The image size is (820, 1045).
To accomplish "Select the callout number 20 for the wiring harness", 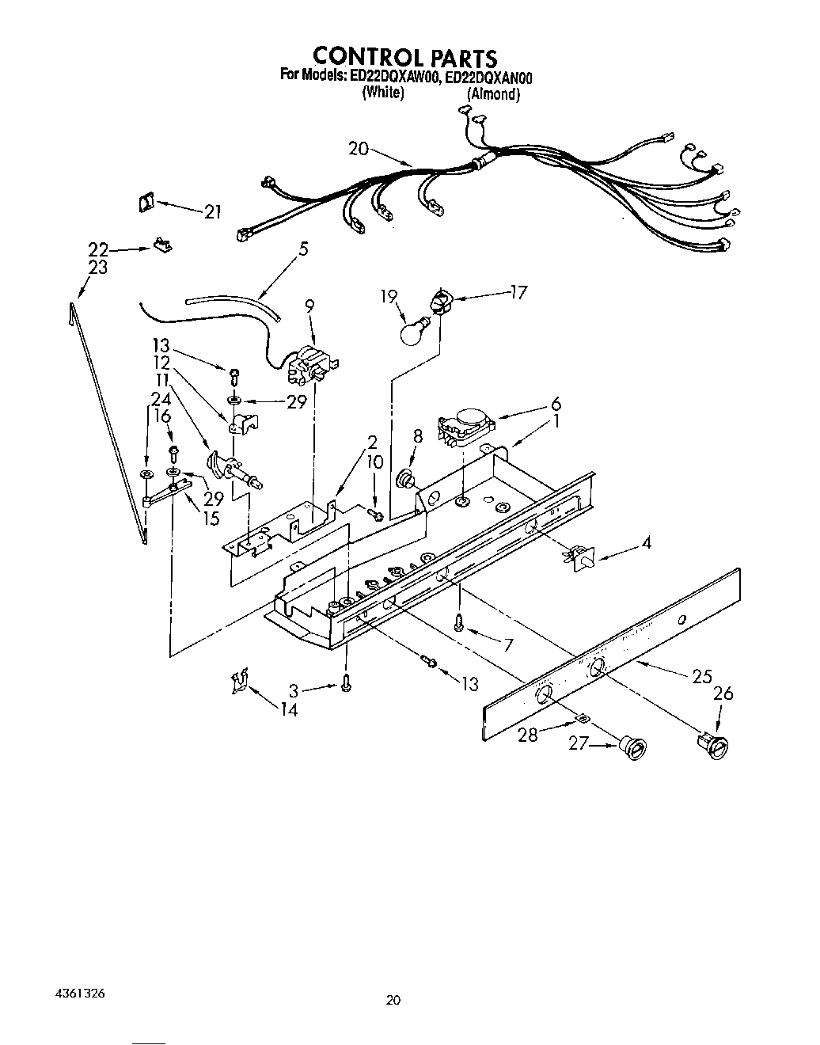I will pyautogui.click(x=359, y=148).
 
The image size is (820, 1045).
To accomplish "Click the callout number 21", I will pyautogui.click(x=212, y=212).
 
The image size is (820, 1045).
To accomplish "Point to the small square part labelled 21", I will pyautogui.click(x=146, y=203).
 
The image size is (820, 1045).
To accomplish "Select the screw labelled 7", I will pyautogui.click(x=459, y=624).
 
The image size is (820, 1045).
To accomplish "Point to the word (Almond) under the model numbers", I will pyautogui.click(x=493, y=93).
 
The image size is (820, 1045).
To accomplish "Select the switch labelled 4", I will pyautogui.click(x=580, y=557).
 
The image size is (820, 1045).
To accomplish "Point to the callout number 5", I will pyautogui.click(x=303, y=249).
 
